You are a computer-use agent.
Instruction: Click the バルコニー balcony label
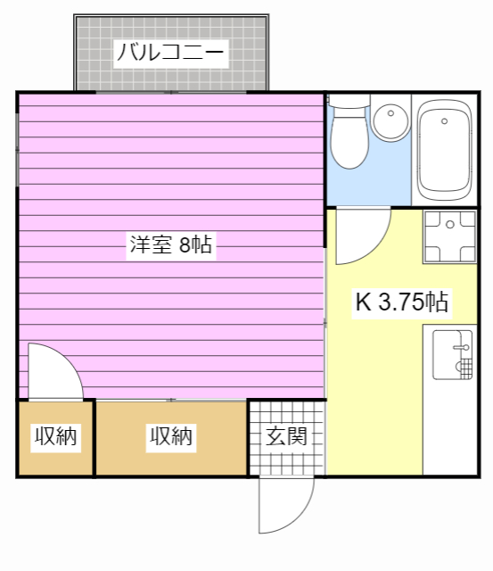point(170,53)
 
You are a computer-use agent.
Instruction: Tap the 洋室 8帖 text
point(170,245)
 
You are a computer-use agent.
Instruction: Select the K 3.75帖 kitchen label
point(401,302)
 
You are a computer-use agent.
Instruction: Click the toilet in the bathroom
point(349,138)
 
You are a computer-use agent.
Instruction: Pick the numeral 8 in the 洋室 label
point(185,245)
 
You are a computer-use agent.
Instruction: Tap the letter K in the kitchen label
point(363,302)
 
